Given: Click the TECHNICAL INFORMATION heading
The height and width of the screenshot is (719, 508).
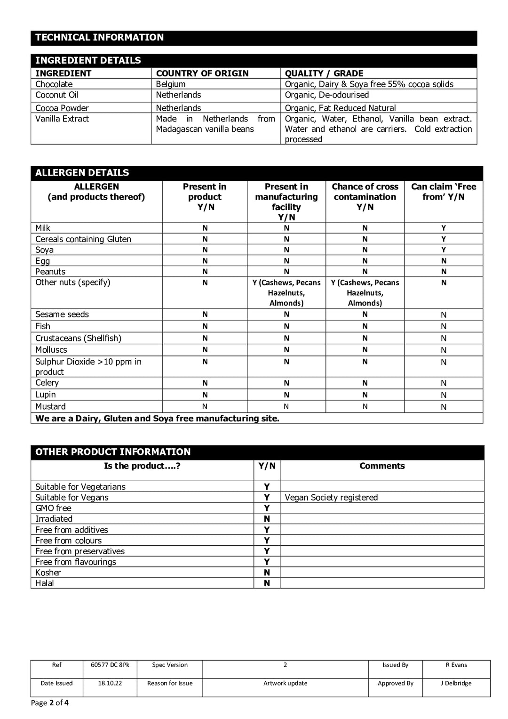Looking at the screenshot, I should click(99, 38).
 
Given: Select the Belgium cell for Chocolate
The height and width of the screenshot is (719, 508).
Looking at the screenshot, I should click(171, 84).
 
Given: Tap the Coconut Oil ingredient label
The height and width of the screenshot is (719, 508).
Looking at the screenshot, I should click(57, 95).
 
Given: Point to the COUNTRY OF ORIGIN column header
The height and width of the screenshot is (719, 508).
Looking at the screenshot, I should click(202, 73).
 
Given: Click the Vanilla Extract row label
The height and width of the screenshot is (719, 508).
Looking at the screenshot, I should click(62, 119).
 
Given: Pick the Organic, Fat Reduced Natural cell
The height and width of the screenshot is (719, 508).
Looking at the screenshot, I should click(340, 108).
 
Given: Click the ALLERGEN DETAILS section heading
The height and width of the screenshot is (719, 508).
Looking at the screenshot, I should click(82, 173).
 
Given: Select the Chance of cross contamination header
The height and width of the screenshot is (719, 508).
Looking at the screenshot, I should click(365, 197).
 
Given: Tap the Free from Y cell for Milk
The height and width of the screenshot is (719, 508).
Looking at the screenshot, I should click(444, 228).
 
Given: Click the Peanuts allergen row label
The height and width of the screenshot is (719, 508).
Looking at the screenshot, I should click(50, 272).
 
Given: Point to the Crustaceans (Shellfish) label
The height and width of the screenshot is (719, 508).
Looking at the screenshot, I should click(78, 339).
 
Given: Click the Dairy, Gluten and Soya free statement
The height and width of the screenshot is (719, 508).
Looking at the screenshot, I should click(157, 419).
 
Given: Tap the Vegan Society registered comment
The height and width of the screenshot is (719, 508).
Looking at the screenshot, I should click(331, 498).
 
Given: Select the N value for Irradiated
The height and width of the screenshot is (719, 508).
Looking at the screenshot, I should click(267, 519).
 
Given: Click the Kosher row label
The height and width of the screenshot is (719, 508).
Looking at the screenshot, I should click(48, 573).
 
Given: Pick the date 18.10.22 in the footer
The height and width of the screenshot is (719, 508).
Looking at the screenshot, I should click(110, 683).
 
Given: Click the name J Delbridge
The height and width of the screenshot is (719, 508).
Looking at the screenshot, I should click(456, 683).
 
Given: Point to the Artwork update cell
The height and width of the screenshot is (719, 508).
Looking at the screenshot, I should click(285, 683).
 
